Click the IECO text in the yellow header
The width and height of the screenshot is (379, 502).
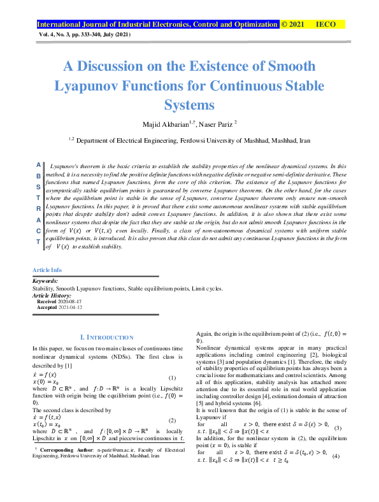click(326, 25)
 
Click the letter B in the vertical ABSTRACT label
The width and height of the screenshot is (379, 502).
click(39, 176)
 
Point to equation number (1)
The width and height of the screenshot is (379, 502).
click(171, 378)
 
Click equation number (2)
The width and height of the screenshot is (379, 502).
click(171, 420)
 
